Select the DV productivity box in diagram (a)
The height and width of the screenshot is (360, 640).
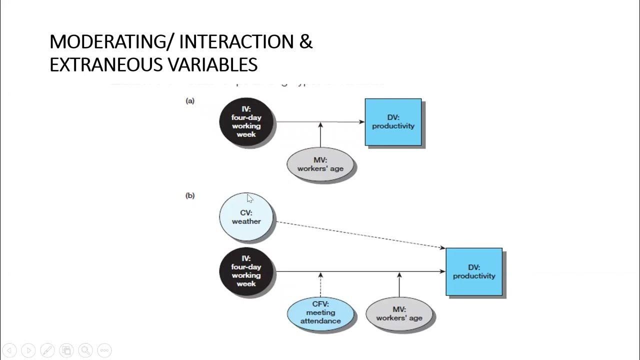click(393, 122)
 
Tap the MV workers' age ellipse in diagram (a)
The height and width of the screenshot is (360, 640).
click(320, 164)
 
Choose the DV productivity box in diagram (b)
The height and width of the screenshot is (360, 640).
click(473, 271)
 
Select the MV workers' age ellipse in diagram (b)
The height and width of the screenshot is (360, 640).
click(399, 313)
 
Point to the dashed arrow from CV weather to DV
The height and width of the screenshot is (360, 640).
click(360, 234)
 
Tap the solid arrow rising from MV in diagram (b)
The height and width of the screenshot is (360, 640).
click(399, 286)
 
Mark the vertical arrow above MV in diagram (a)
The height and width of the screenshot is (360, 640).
click(320, 135)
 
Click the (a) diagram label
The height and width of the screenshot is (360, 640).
click(190, 101)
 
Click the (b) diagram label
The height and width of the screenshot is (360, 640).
click(190, 196)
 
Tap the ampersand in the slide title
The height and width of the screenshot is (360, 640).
click(306, 42)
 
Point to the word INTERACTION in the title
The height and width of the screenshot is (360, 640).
click(236, 42)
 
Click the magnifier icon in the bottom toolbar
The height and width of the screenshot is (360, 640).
click(85, 350)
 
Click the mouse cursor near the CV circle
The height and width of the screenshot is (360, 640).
click(249, 198)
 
